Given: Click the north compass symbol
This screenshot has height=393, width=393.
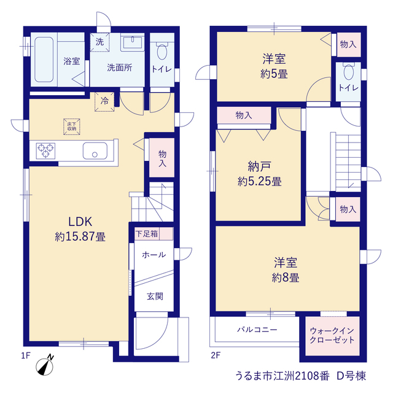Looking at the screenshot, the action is (x=45, y=365).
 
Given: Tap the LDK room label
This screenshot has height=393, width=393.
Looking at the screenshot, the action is (x=80, y=222).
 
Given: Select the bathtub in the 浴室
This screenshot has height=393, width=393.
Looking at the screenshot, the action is (x=44, y=60).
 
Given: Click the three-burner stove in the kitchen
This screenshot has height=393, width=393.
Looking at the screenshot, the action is (x=45, y=151).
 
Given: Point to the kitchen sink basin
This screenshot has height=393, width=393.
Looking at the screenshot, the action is (x=95, y=150).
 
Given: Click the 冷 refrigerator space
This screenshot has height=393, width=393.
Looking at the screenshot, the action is (x=104, y=102).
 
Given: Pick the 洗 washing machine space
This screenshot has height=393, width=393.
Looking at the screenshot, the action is (x=99, y=42).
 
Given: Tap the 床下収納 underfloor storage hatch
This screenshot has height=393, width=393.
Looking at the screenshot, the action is (x=72, y=127).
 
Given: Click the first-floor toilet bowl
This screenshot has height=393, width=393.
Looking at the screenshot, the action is (x=162, y=52).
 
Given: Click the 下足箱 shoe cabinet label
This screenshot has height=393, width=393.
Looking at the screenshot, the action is (x=147, y=234).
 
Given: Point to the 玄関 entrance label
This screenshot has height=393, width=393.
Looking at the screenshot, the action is (x=155, y=296).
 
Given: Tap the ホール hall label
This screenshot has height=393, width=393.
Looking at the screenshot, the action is (x=154, y=255).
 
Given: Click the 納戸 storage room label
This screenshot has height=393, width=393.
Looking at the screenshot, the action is (x=259, y=166).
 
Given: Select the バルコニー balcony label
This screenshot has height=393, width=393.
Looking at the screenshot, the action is (x=257, y=329).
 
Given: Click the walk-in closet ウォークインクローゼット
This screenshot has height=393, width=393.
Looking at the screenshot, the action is (x=332, y=336).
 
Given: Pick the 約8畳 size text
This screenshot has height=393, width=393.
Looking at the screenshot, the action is (x=286, y=278).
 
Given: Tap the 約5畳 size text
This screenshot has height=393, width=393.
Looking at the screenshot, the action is (x=274, y=74).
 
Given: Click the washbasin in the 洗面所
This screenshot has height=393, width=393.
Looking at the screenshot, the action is (x=133, y=42).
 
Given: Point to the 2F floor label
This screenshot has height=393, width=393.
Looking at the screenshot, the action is (x=216, y=355).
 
